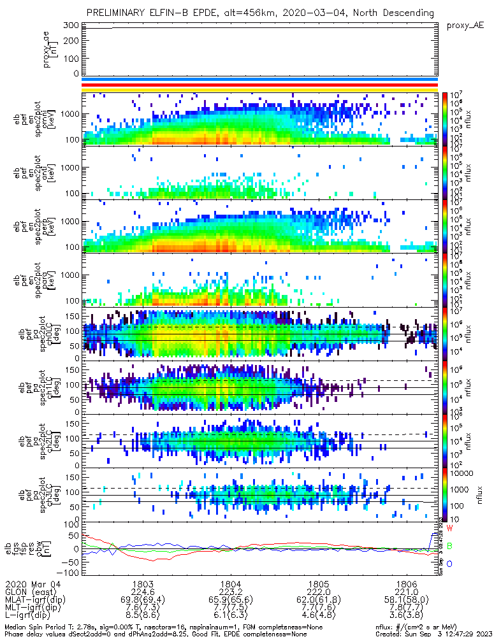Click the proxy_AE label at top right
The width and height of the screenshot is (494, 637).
click(465, 25)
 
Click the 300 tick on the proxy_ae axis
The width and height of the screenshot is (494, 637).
click(71, 25)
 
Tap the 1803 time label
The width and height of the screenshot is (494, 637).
click(142, 584)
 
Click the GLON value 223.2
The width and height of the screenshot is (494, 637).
click(230, 592)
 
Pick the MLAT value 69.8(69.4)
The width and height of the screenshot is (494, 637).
click(142, 601)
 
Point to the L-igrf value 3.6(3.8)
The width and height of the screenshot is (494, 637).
click(406, 617)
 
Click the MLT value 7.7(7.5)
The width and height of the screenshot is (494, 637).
click(230, 609)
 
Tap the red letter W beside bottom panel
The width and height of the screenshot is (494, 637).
click(449, 529)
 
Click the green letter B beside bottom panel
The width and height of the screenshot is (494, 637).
click(449, 546)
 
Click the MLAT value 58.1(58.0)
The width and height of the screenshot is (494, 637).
click(406, 601)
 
